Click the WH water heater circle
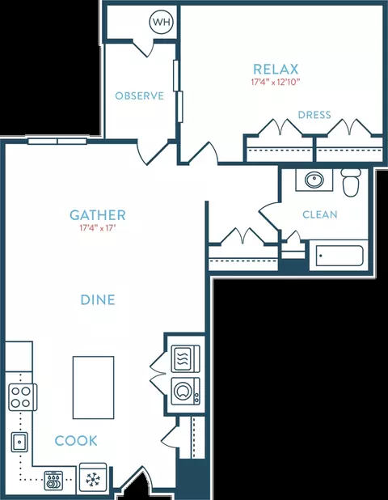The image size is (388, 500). tap(162, 22)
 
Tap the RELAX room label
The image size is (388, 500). tap(276, 70)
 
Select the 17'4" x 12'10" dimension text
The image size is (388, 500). tap(276, 82)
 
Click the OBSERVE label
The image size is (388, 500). tap(140, 95)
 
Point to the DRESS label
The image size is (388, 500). tap(314, 115)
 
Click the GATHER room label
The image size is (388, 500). tap(98, 215)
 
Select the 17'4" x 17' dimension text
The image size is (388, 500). tap(97, 228)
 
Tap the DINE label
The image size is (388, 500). tap(98, 299)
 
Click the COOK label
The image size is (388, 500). tap(76, 441)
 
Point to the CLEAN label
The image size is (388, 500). tap(320, 214)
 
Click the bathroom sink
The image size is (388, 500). tap(314, 180)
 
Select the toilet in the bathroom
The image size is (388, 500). tap(351, 182)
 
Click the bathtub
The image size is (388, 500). tap(339, 256)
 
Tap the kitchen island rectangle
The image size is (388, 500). tap(93, 388)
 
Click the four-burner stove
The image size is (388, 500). tap(23, 397)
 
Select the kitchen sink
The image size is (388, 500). tap(19, 442)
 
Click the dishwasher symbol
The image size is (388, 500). tap(54, 481)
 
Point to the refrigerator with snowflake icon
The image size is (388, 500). tap(93, 477)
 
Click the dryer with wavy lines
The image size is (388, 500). tap(186, 358)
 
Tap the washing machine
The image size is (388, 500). tap(186, 392)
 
